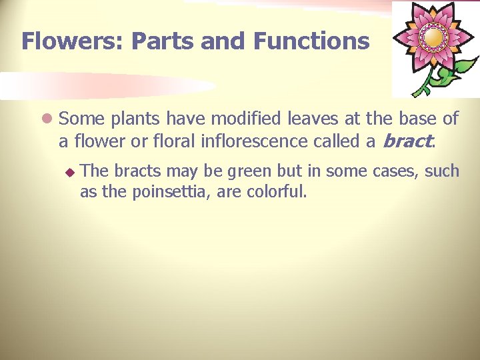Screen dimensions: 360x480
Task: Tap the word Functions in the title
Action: [x=311, y=41]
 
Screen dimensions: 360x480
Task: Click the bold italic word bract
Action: [x=409, y=141]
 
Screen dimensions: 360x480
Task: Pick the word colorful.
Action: [x=277, y=193]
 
